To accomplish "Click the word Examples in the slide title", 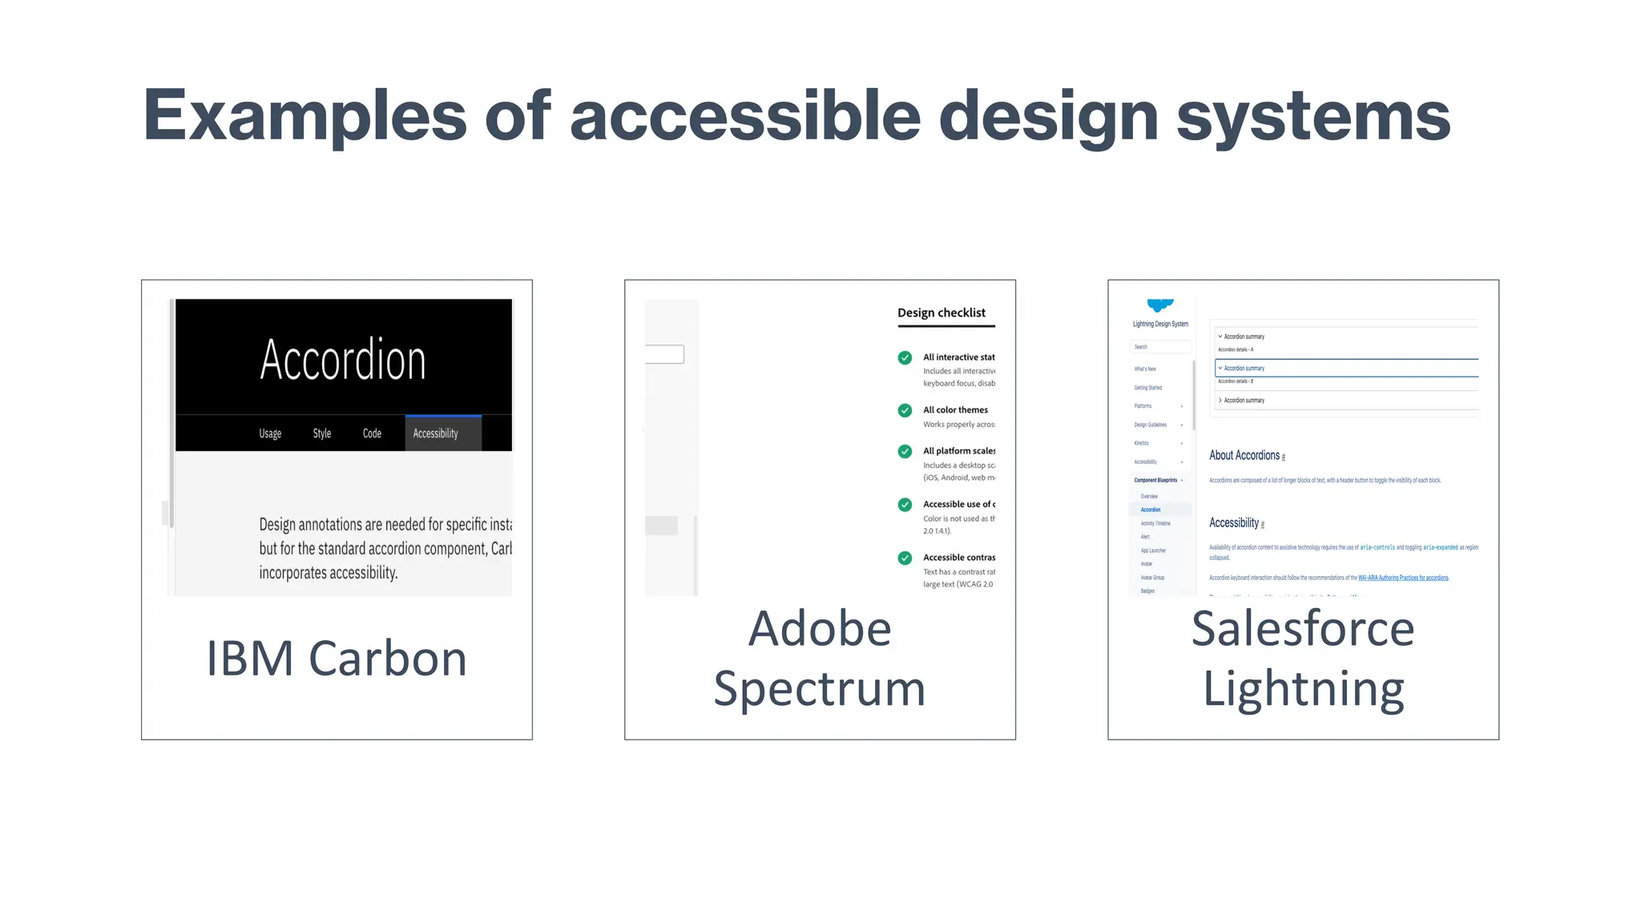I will pyautogui.click(x=304, y=116).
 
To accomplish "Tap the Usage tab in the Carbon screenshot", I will pyautogui.click(x=270, y=433).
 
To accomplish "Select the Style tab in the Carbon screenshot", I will pyautogui.click(x=321, y=433).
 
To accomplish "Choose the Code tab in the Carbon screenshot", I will pyautogui.click(x=372, y=433).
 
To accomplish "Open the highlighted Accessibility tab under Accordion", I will pyautogui.click(x=436, y=433).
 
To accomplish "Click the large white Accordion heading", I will pyautogui.click(x=343, y=360).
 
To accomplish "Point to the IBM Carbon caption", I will pyautogui.click(x=337, y=659).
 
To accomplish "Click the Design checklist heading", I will pyautogui.click(x=941, y=312).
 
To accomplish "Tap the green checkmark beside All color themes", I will pyautogui.click(x=905, y=410).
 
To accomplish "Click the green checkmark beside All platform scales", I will pyautogui.click(x=905, y=451).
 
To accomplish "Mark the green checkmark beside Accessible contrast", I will pyautogui.click(x=905, y=558).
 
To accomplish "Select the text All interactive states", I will pyautogui.click(x=958, y=357).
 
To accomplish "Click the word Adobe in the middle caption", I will pyautogui.click(x=820, y=628).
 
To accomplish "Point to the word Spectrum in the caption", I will pyautogui.click(x=820, y=689).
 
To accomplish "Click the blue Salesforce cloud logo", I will pyautogui.click(x=1159, y=305).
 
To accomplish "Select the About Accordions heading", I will pyautogui.click(x=1244, y=455).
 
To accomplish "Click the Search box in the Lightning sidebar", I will pyautogui.click(x=1160, y=347).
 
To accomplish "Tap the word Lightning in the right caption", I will pyautogui.click(x=1304, y=689).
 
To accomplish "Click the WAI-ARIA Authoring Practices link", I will pyautogui.click(x=1403, y=578).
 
